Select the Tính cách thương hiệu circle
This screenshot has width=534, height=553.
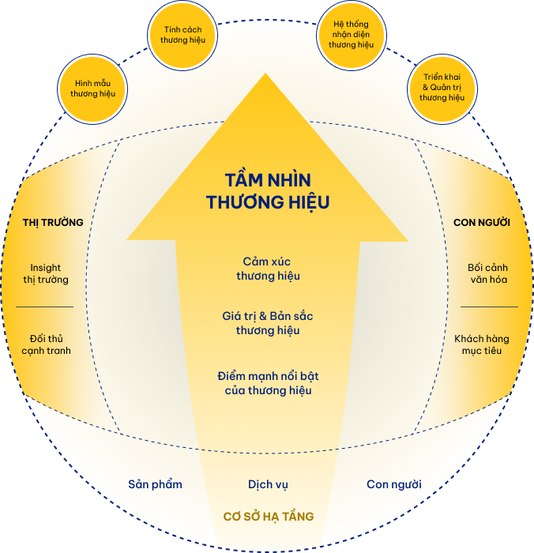coord(182,35)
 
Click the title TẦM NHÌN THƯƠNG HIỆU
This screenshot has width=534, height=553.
coord(268,191)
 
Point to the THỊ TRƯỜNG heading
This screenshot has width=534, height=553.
coord(53,222)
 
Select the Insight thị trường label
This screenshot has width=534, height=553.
coord(46,273)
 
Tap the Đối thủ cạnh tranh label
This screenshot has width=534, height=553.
coord(45,344)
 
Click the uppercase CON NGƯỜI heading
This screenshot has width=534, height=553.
coord(482,222)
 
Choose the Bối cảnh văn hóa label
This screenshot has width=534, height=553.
coord(487,273)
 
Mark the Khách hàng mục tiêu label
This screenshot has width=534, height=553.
coord(482,344)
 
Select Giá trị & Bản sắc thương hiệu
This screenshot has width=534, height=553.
coord(268,323)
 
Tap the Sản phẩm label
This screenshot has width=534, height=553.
coord(156,483)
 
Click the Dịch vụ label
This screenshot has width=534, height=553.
coord(268,483)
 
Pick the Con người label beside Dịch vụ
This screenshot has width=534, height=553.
coord(393,483)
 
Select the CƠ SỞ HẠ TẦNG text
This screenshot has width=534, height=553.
coord(268,517)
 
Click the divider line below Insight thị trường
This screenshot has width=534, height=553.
coord(44,307)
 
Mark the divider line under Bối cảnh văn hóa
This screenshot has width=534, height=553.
coord(489,307)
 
